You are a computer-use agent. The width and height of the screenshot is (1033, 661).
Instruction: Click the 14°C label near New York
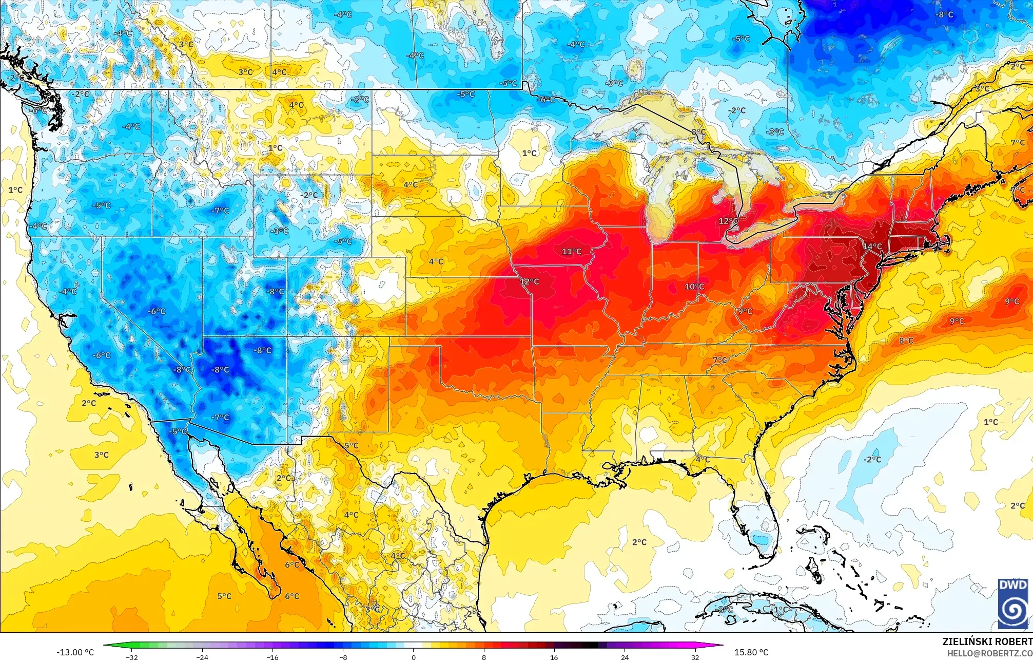point(872,247)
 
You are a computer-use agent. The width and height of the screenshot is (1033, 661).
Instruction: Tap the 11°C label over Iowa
point(572,251)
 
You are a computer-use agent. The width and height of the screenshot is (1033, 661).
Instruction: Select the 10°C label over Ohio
point(694,287)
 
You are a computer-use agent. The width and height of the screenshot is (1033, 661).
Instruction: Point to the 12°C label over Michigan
point(728,221)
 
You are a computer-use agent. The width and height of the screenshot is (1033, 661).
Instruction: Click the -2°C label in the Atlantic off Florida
point(872,459)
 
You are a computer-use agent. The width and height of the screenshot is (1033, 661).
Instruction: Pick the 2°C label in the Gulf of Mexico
point(639,542)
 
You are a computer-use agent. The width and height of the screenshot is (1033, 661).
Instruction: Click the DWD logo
point(1013,603)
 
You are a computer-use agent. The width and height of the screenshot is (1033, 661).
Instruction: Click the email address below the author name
point(989,653)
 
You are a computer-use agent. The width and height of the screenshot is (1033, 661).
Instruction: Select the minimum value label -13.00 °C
point(75,652)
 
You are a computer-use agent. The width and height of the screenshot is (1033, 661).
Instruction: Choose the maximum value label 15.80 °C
point(751,652)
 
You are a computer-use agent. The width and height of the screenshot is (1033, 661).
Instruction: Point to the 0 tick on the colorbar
point(413,657)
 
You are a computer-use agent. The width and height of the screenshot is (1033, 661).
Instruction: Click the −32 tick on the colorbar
point(132,657)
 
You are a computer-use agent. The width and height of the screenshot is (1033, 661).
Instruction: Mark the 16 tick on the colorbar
point(554,657)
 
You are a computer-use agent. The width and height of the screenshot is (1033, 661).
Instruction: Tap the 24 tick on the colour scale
point(625,657)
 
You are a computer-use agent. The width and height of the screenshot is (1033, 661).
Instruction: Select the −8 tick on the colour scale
point(343,657)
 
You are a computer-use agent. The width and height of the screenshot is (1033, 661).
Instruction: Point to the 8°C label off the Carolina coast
point(906,341)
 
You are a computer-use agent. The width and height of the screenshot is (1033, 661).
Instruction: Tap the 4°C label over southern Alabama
point(702,459)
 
